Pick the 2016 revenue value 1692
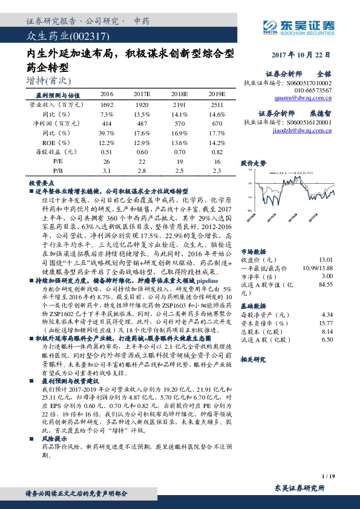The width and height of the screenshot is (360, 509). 106,105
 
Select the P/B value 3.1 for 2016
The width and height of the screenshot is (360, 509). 106,172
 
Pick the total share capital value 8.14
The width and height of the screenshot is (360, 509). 327,331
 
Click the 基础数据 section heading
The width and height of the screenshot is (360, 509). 252,306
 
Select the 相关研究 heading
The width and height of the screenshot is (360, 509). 252,359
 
